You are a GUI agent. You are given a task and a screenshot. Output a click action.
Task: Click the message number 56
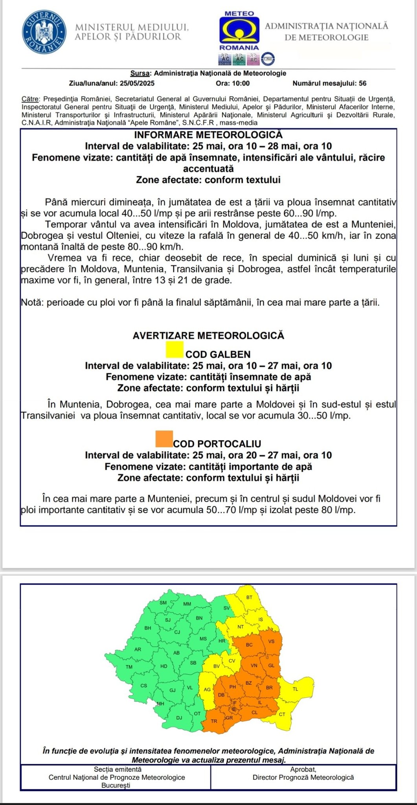tap(362, 83)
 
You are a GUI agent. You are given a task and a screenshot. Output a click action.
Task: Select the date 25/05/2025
tap(137, 83)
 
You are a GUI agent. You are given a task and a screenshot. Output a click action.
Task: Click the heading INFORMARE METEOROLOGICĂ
tap(208, 135)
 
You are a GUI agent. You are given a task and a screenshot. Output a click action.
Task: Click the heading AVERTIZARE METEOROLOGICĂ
tap(208, 336)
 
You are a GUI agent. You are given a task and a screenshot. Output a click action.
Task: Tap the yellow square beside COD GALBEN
tap(175, 349)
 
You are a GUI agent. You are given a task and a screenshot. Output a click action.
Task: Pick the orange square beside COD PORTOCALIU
tap(164, 439)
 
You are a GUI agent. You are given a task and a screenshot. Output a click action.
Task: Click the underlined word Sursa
tap(140, 73)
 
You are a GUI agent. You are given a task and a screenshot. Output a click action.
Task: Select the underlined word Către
tap(30, 99)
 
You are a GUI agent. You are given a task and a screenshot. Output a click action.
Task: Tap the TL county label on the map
tap(295, 689)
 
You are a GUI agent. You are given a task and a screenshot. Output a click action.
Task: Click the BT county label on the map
tap(249, 597)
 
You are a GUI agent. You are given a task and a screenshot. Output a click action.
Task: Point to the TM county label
tap(129, 667)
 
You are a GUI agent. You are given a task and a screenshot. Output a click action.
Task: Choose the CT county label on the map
tap(282, 714)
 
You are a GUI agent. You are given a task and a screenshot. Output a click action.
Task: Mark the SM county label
tap(163, 603)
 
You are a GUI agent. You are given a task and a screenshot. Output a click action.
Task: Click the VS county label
tap(271, 641)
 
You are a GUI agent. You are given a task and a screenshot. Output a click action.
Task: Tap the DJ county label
tap(179, 718)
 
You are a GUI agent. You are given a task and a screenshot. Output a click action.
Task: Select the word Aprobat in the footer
tap(303, 769)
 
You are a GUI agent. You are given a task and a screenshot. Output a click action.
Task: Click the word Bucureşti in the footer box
tap(116, 785)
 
